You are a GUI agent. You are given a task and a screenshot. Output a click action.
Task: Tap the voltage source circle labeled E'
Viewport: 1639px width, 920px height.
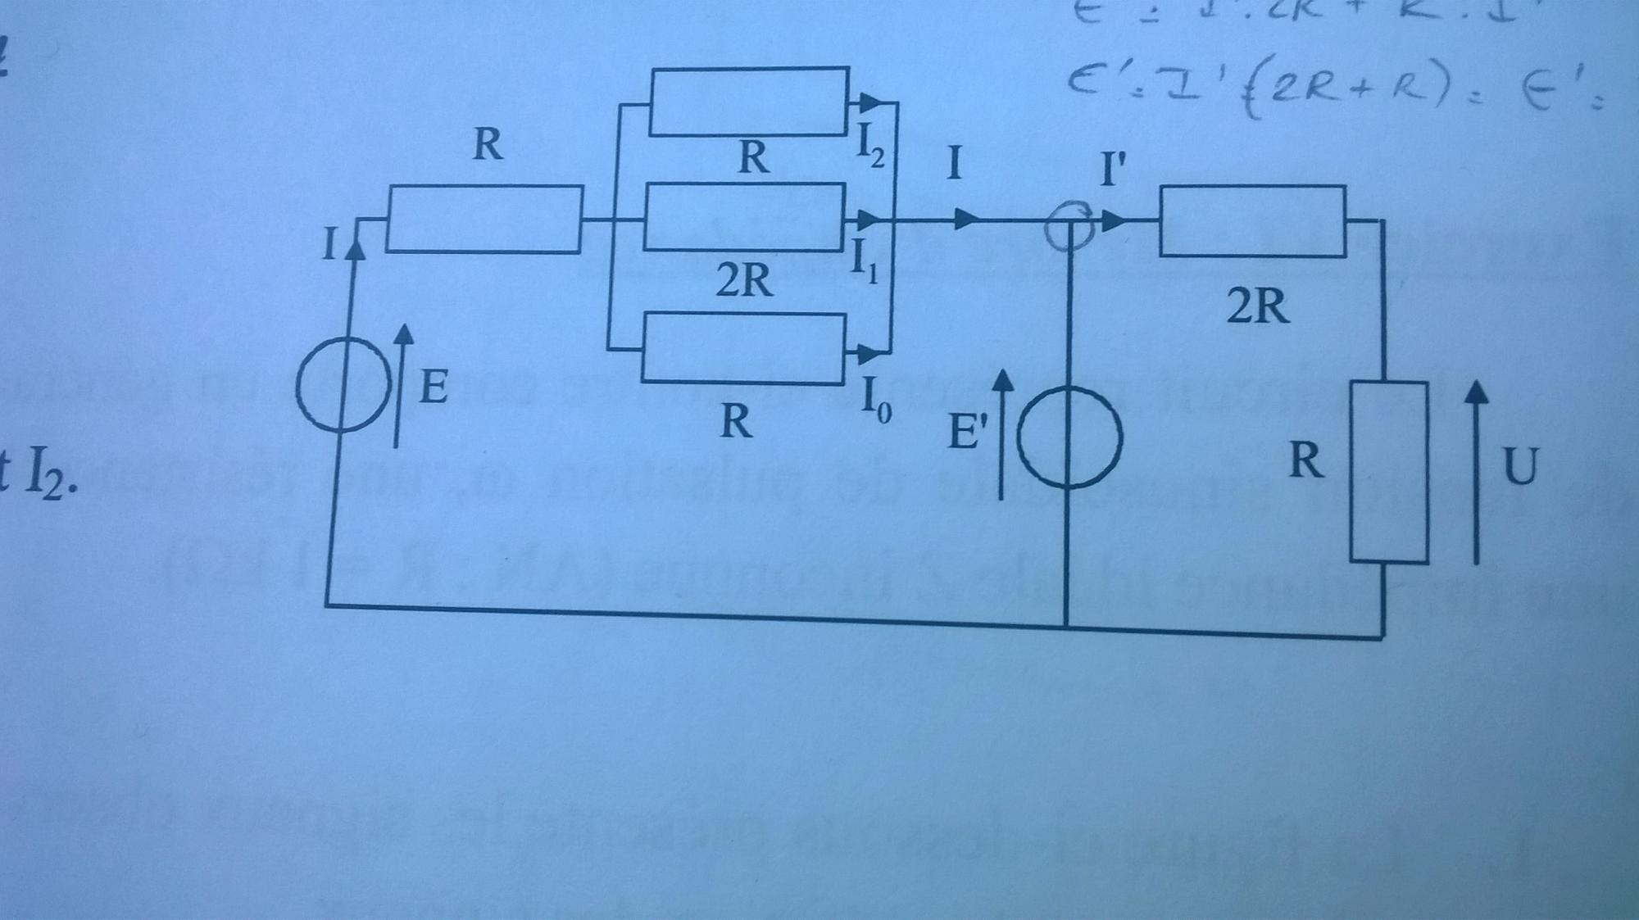click(x=1068, y=437)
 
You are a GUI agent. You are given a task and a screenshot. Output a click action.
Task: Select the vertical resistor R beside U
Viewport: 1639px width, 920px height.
click(x=1388, y=472)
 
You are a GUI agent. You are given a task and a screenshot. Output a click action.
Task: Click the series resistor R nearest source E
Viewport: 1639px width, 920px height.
click(x=484, y=219)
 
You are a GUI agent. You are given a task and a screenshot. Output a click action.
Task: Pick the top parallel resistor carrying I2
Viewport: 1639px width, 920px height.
click(x=749, y=101)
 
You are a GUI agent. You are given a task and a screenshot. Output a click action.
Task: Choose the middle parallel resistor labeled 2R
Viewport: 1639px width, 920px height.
click(x=744, y=217)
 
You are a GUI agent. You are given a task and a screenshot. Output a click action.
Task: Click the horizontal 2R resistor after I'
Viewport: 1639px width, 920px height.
click(x=1252, y=221)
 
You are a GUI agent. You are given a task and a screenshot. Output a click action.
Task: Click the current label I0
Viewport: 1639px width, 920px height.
click(x=874, y=401)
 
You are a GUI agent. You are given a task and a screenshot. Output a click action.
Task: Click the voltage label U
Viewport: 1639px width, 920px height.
click(x=1520, y=467)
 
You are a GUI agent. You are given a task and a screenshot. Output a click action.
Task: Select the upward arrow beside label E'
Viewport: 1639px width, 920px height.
click(x=1001, y=434)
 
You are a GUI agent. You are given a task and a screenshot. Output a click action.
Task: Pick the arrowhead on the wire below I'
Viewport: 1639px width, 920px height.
click(x=1113, y=221)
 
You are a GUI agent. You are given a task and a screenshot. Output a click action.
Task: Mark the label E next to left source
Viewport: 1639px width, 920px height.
click(x=434, y=387)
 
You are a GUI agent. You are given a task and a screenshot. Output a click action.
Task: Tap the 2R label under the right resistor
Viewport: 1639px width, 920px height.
click(x=1257, y=307)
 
